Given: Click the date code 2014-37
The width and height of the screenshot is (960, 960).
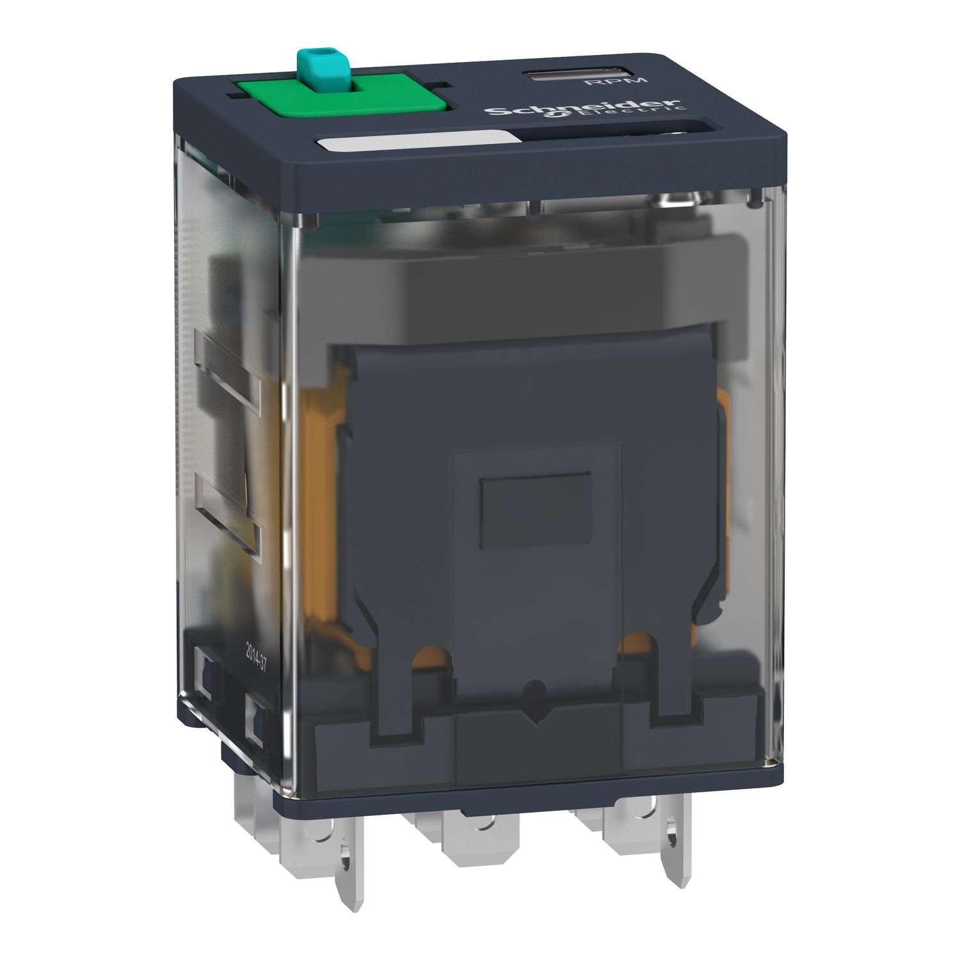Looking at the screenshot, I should [x=253, y=655].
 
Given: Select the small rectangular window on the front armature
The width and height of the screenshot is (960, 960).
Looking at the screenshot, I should [x=536, y=510].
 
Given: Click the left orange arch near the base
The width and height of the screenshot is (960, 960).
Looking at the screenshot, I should [x=430, y=659].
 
